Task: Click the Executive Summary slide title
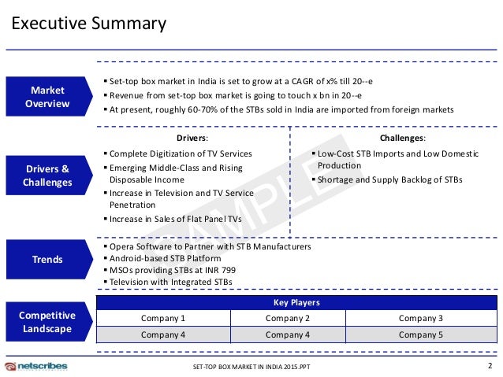pos(88,24)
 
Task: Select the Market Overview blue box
pos(48,97)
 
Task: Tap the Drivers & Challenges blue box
pos(48,176)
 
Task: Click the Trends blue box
pos(48,260)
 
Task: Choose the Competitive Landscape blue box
pos(48,322)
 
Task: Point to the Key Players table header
pos(297,303)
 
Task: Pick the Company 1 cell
pos(163,318)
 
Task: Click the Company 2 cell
pos(288,318)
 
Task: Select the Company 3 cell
pos(420,318)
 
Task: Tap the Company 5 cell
pos(420,334)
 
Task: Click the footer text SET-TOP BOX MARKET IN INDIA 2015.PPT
pos(251,368)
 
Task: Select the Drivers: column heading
pos(192,139)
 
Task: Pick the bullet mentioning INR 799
pos(174,270)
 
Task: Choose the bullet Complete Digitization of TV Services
pos(181,153)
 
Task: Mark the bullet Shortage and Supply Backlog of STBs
pos(389,180)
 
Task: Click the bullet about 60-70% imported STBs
pos(281,109)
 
